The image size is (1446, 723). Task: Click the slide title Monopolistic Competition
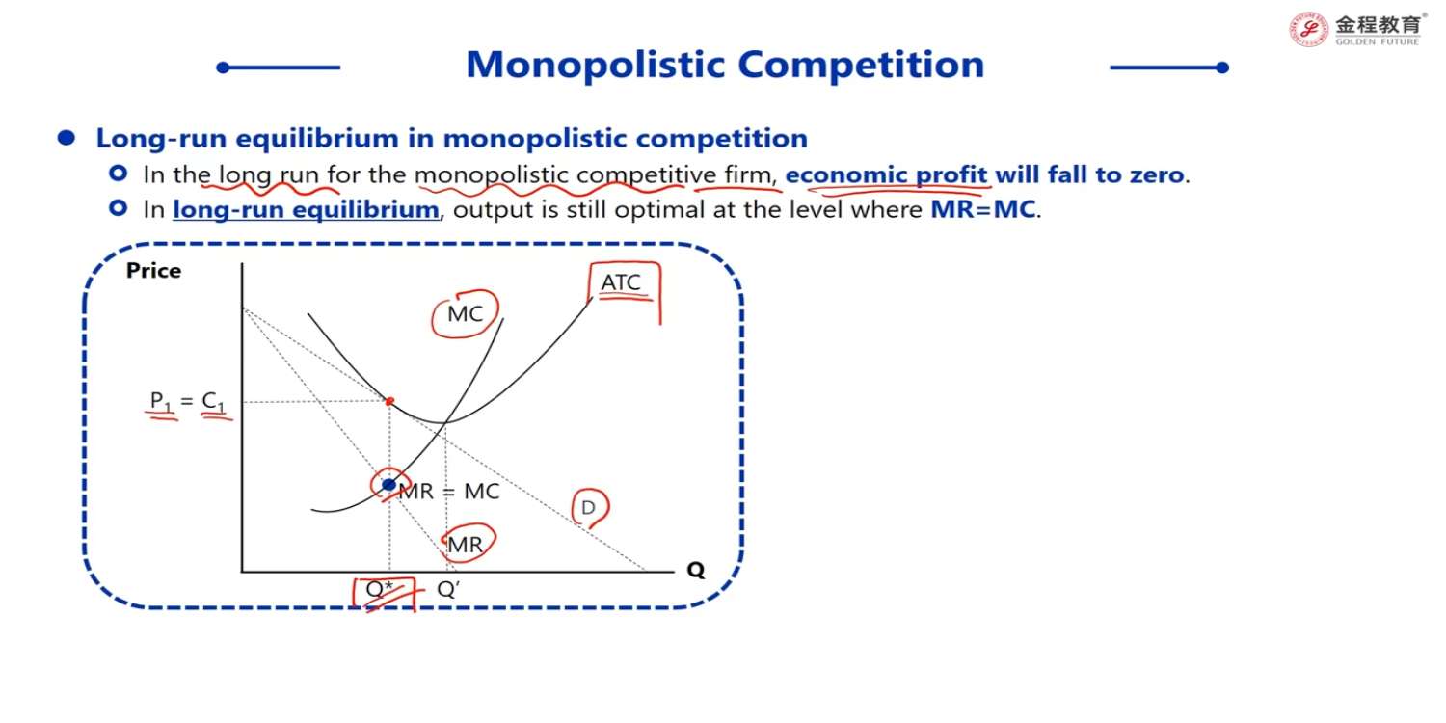pos(725,66)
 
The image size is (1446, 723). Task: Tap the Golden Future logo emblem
pos(1308,30)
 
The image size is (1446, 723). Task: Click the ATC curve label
pos(621,282)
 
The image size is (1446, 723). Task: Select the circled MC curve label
pos(465,313)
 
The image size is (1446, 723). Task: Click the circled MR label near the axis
pos(465,545)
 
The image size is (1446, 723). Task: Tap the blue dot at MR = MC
pos(388,484)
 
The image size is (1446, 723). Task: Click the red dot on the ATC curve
pos(389,402)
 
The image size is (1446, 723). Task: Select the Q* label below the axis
pos(379,589)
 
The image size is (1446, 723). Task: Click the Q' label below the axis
pos(448,589)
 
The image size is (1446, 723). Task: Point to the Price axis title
pos(153,271)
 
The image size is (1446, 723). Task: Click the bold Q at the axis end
pos(696,571)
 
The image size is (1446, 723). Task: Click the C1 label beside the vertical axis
pos(214,402)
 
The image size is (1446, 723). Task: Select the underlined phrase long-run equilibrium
pos(306,210)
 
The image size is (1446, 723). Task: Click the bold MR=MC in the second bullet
pos(983,210)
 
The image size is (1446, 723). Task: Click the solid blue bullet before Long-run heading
pos(67,138)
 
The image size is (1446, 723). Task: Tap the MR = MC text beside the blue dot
pos(449,492)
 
